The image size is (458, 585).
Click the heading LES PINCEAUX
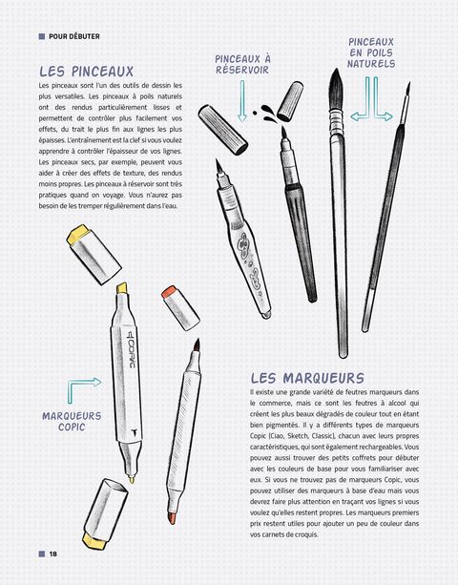tap(87, 72)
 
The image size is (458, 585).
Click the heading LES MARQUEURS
tap(307, 378)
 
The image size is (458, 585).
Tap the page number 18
tap(53, 554)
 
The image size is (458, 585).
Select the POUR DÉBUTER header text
tap(74, 36)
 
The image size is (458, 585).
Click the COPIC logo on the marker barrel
tap(130, 349)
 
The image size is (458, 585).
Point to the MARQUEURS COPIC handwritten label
tap(72, 422)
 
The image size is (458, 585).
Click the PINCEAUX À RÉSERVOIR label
tap(242, 64)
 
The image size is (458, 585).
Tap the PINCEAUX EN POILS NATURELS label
tap(371, 52)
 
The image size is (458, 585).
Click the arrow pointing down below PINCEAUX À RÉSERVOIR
tap(242, 101)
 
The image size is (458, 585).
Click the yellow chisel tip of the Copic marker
tap(122, 289)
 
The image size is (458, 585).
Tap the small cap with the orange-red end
tap(180, 308)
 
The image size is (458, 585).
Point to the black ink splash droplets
tap(265, 113)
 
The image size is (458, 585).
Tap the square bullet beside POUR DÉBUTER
tap(42, 36)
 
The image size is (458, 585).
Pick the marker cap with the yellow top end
tap(94, 254)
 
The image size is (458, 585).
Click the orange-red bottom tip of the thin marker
tap(173, 518)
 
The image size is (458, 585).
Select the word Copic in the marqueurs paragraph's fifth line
tap(258, 436)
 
